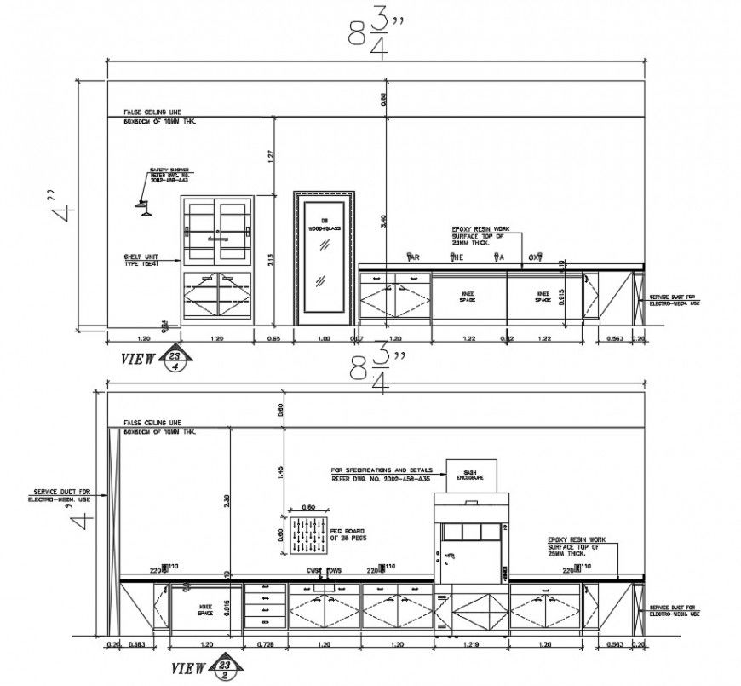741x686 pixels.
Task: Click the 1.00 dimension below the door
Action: pos(323,338)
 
